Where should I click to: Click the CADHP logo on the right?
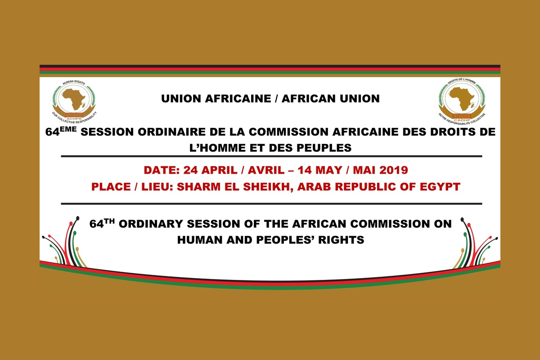(462, 102)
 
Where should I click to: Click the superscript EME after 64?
(68, 129)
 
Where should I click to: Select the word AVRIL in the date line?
(266, 170)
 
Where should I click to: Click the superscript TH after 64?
(109, 221)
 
